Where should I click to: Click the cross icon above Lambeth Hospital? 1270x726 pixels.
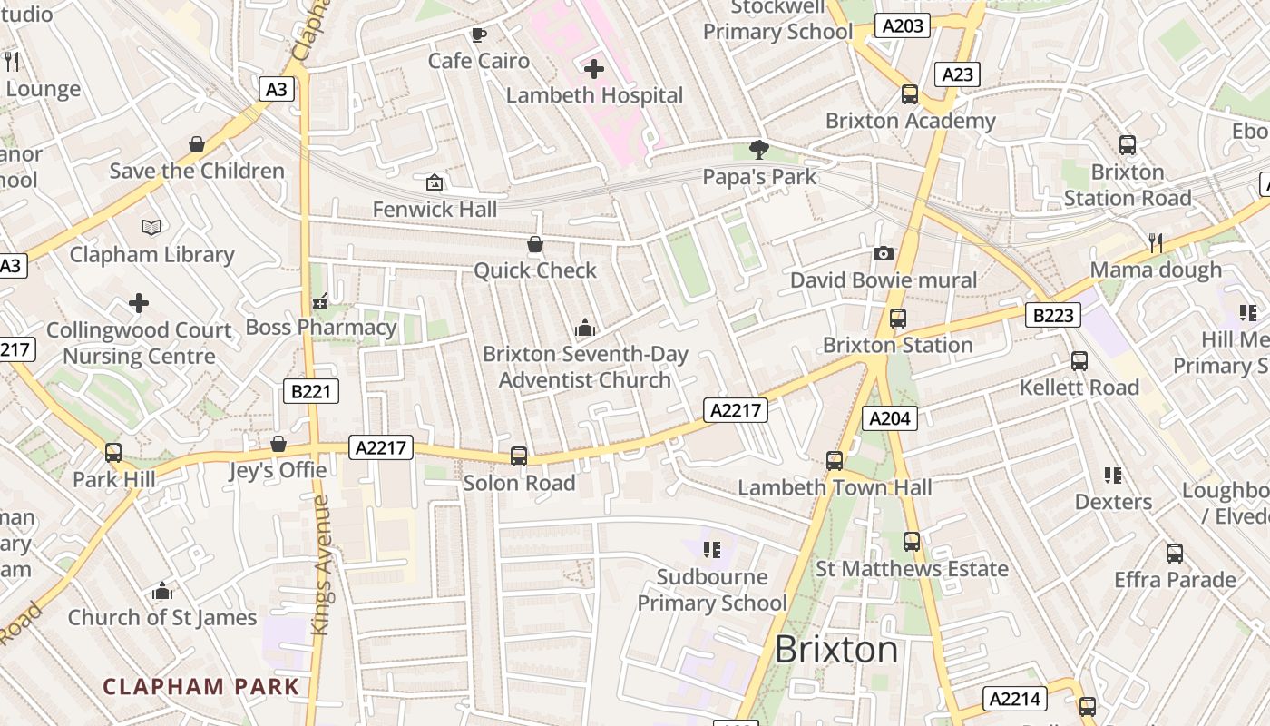pyautogui.click(x=594, y=69)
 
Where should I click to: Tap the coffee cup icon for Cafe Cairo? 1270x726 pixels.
pyautogui.click(x=478, y=35)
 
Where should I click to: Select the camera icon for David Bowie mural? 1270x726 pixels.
pyautogui.click(x=884, y=254)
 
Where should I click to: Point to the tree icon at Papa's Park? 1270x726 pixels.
pyautogui.click(x=759, y=150)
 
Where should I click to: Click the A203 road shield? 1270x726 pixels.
pyautogui.click(x=903, y=26)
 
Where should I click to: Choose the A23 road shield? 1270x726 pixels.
pyautogui.click(x=957, y=74)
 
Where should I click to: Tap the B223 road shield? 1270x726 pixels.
pyautogui.click(x=1053, y=315)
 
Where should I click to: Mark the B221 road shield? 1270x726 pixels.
pyautogui.click(x=310, y=391)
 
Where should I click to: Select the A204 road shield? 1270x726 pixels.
pyautogui.click(x=889, y=417)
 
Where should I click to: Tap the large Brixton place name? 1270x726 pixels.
pyautogui.click(x=836, y=650)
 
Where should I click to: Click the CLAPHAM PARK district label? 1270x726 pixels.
pyautogui.click(x=200, y=686)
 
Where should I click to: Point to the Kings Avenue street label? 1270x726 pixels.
pyautogui.click(x=320, y=564)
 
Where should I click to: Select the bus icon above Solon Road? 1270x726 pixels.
pyautogui.click(x=519, y=456)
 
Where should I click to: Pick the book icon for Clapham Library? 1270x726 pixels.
pyautogui.click(x=151, y=227)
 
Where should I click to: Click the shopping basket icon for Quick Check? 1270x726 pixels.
pyautogui.click(x=535, y=244)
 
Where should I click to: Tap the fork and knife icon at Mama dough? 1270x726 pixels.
pyautogui.click(x=1155, y=242)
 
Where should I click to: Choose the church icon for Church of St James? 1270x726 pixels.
pyautogui.click(x=162, y=592)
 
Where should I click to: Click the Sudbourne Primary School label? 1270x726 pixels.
pyautogui.click(x=712, y=590)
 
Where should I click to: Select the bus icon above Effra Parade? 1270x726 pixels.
pyautogui.click(x=1175, y=553)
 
